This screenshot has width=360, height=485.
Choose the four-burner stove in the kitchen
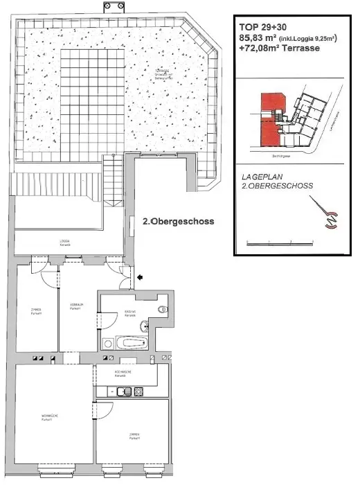[138, 391]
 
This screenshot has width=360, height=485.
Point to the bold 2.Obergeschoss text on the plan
[177, 222]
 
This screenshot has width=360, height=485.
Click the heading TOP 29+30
[262, 28]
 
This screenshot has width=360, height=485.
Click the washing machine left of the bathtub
[107, 343]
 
